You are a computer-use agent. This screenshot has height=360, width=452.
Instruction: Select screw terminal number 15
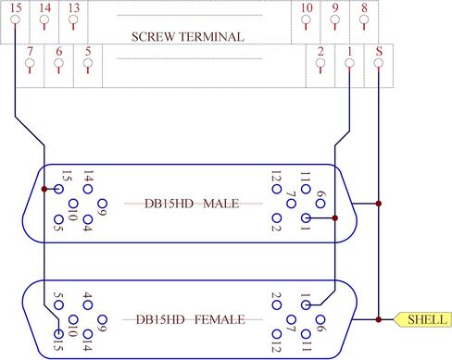point(16,19)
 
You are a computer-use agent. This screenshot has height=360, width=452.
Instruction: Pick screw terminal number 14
point(45,19)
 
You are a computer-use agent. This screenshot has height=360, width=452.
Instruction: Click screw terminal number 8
point(365,19)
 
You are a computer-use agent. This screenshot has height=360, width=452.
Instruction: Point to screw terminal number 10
point(308,19)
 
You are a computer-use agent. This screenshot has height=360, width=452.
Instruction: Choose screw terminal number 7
point(30,63)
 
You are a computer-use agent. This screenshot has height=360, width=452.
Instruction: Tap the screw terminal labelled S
point(379,63)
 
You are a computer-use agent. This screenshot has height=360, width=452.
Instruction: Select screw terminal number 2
point(320,63)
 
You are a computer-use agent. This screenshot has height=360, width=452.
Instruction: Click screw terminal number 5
point(87,63)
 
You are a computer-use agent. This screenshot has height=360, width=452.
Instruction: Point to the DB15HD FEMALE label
point(192,320)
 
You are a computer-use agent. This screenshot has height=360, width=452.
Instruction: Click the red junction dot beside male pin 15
point(44,189)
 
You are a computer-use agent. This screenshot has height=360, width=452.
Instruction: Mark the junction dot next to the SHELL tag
point(380,320)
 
